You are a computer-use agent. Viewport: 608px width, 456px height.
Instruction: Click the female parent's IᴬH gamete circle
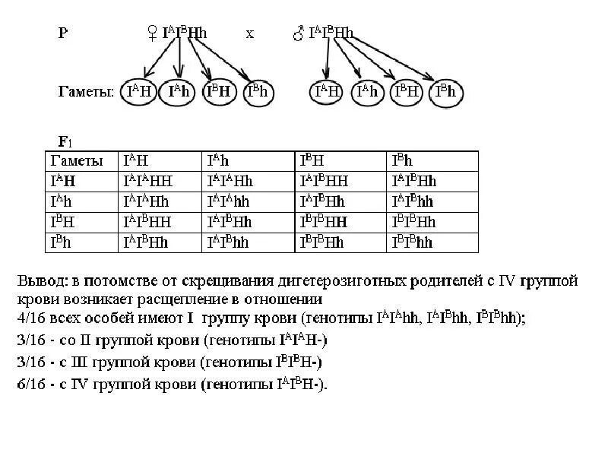(138, 93)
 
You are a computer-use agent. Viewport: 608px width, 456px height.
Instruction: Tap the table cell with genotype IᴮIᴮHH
(338, 223)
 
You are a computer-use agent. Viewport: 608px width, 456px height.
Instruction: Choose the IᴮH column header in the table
(338, 160)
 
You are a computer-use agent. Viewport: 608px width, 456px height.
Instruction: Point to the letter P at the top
(63, 33)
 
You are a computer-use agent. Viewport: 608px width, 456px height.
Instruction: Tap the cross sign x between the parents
(250, 33)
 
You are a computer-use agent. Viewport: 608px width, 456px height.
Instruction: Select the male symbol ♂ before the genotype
(299, 33)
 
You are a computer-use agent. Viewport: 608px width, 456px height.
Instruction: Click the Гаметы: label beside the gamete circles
(86, 93)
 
